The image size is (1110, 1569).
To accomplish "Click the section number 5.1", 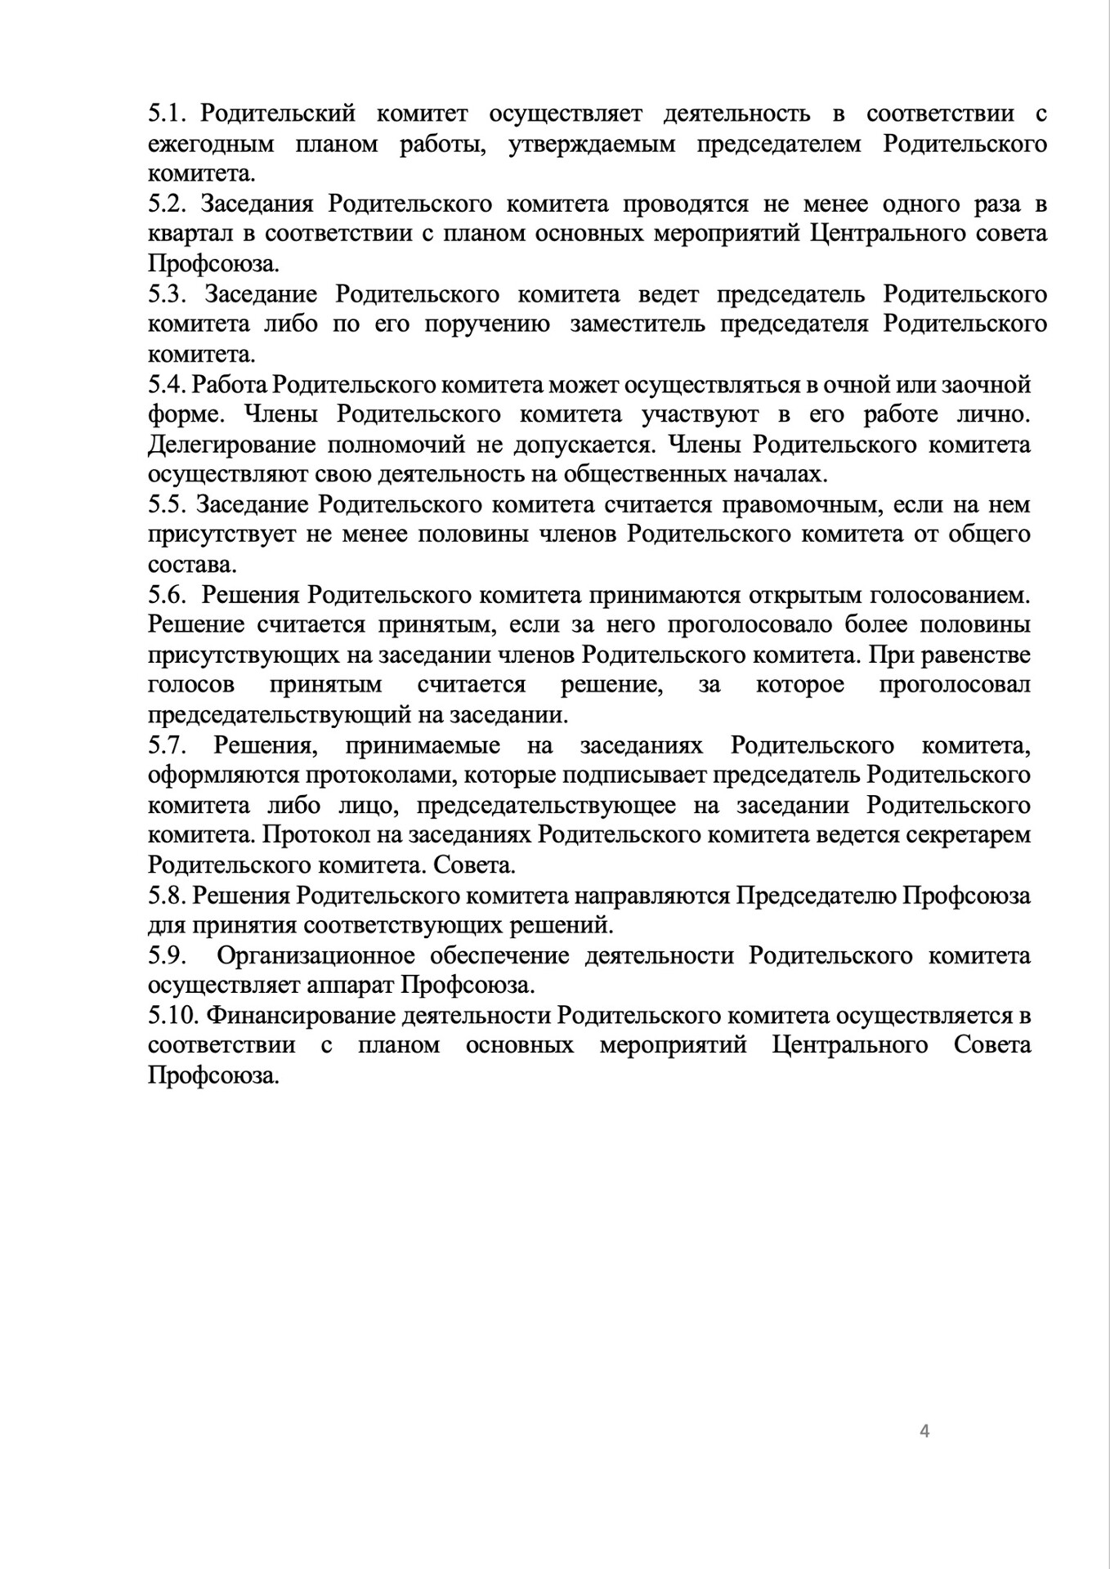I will [168, 114].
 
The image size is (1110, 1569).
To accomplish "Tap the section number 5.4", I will [167, 384].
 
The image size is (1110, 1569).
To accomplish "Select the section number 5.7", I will [168, 745].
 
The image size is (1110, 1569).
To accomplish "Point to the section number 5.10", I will [174, 1016].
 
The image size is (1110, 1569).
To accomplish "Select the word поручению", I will [487, 324].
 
